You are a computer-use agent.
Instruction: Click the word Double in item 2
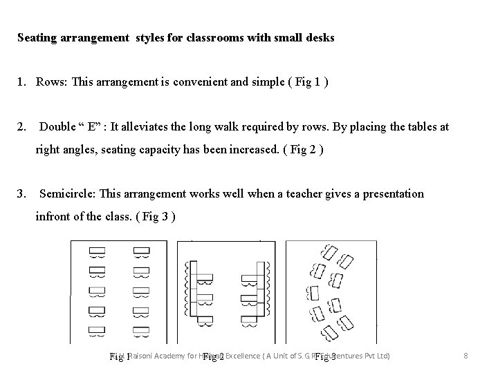tap(58, 126)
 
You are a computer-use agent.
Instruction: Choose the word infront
tap(56, 216)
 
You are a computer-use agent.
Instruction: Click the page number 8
tap(466, 356)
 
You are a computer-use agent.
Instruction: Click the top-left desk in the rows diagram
tap(97, 251)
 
